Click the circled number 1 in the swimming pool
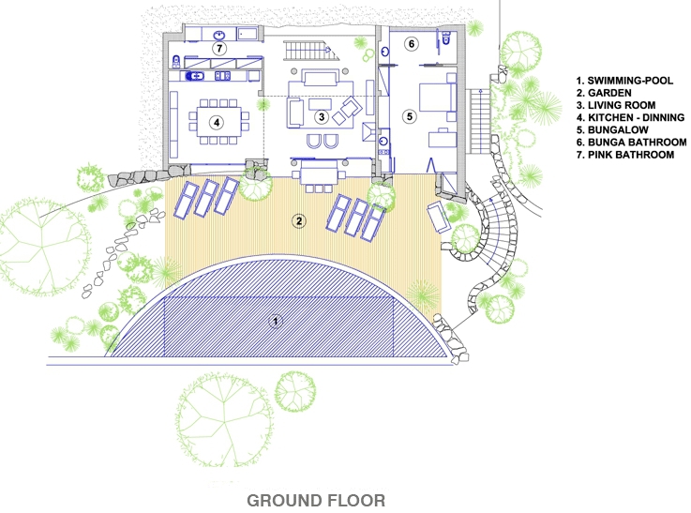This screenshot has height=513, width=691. pyautogui.click(x=276, y=322)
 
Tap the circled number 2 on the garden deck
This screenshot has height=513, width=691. pyautogui.click(x=299, y=220)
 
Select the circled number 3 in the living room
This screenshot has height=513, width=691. pyautogui.click(x=322, y=117)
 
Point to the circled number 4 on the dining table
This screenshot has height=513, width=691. pyautogui.click(x=217, y=122)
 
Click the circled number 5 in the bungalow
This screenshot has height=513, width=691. pyautogui.click(x=410, y=116)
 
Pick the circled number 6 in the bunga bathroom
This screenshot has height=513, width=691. pyautogui.click(x=412, y=44)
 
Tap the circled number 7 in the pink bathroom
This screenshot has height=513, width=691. pyautogui.click(x=219, y=48)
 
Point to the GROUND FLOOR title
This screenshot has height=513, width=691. pyautogui.click(x=316, y=501)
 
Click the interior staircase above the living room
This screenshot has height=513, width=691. pyautogui.click(x=310, y=51)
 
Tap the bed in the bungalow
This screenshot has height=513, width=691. pyautogui.click(x=437, y=97)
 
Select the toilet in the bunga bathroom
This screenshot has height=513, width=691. pyautogui.click(x=446, y=38)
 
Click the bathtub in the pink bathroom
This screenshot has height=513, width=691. pyautogui.click(x=248, y=34)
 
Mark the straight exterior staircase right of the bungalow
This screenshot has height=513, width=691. pyautogui.click(x=479, y=121)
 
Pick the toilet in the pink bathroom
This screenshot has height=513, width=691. pyautogui.click(x=176, y=61)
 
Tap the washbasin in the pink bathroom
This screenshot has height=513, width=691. pyautogui.click(x=219, y=35)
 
